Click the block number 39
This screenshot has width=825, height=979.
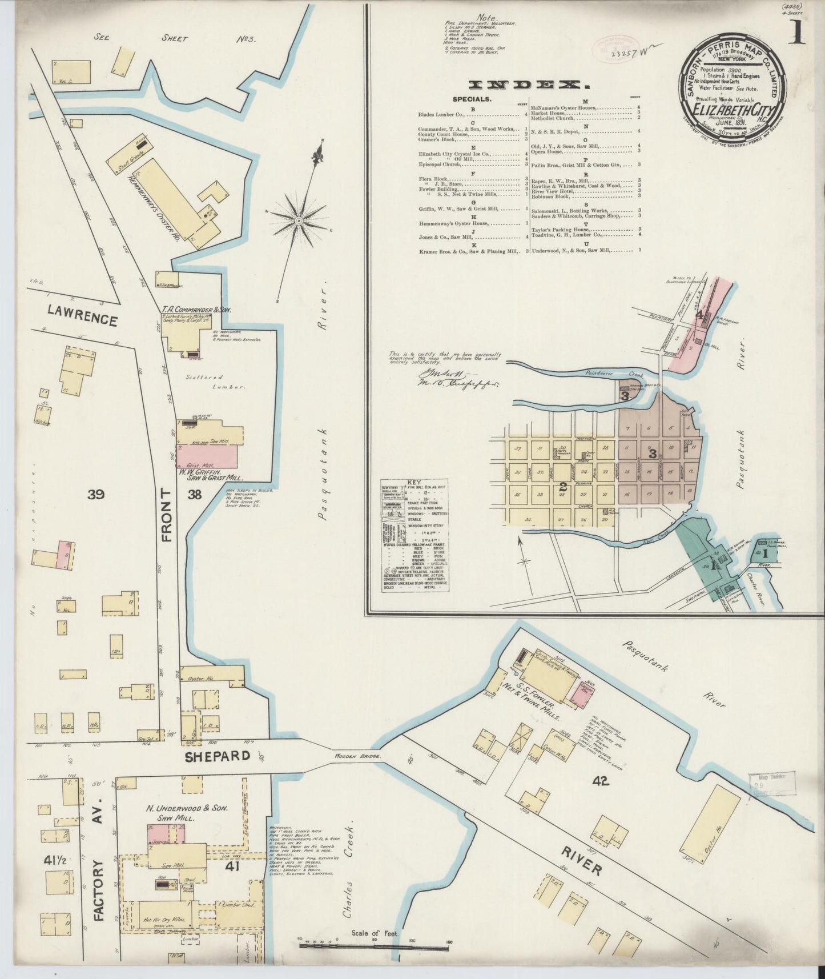pos(96,495)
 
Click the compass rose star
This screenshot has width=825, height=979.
pos(299,220)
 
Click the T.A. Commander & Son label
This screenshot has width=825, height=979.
pos(191,308)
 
